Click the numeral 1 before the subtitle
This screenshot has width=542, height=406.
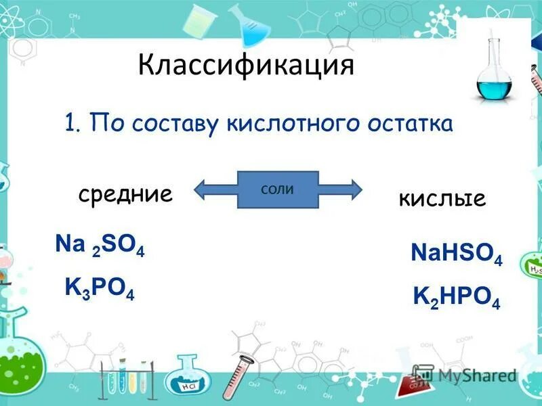70,124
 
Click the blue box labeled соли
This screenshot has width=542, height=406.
278,189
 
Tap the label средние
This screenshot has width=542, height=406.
125,195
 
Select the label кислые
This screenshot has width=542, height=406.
442,198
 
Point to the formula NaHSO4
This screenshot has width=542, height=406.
456,254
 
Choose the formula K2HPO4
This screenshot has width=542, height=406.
456,296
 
